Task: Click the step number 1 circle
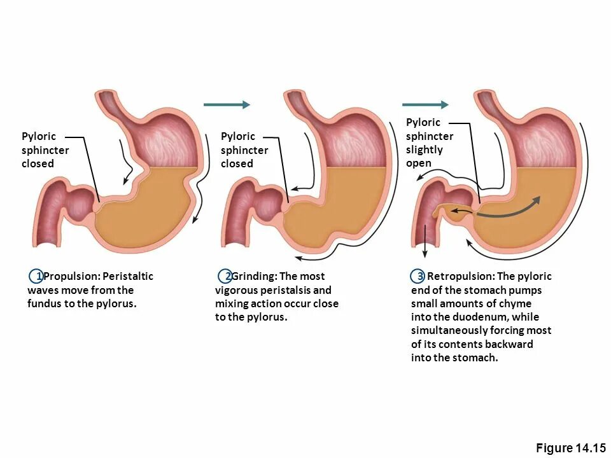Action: point(37,276)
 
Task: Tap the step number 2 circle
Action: point(226,276)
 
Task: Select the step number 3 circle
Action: point(418,276)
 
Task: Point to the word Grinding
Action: point(254,276)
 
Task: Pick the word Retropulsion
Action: point(460,276)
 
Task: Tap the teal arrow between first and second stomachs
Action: point(227,104)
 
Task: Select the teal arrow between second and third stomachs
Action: point(425,104)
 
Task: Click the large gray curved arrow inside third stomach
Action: point(509,210)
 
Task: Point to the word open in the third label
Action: point(419,163)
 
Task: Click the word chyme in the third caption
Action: point(516,303)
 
